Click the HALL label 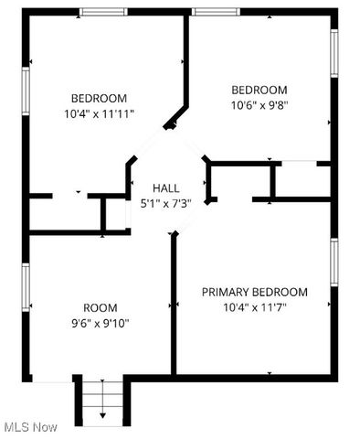click(165, 187)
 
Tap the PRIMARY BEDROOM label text click(254, 292)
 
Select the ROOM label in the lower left click(101, 308)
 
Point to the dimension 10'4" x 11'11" click(101, 114)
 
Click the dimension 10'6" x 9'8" click(259, 105)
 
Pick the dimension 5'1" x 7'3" click(165, 203)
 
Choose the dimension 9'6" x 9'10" click(101, 323)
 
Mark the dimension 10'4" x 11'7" click(254, 307)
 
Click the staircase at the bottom click(101, 399)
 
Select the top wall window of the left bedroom click(102, 12)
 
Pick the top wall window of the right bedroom click(215, 12)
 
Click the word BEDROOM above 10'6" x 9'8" click(259, 90)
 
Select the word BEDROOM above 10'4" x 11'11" click(101, 99)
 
